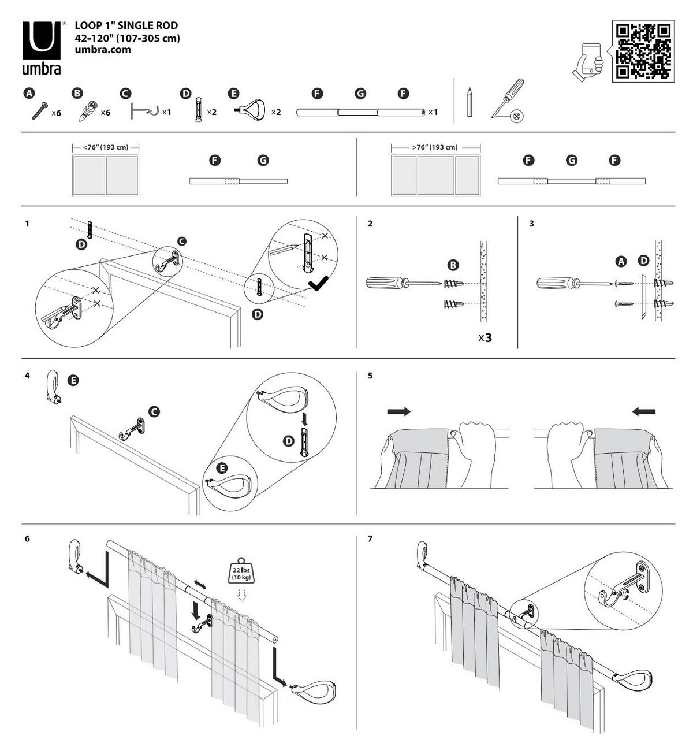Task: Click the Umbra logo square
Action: click(x=41, y=40)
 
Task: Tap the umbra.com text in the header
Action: click(x=103, y=50)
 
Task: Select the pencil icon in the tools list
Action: click(x=470, y=102)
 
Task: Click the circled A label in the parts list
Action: click(x=28, y=94)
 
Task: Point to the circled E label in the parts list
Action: click(x=233, y=94)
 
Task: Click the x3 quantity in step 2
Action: click(x=485, y=337)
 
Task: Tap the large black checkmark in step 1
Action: click(x=318, y=283)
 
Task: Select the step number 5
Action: click(x=370, y=376)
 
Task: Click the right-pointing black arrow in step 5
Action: click(x=398, y=411)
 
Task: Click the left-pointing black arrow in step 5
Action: click(x=644, y=411)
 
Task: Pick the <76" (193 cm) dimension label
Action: click(x=106, y=147)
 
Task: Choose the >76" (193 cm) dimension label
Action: click(x=435, y=147)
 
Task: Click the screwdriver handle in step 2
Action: click(x=385, y=283)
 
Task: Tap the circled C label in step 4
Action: click(x=154, y=411)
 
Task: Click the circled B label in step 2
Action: click(x=454, y=265)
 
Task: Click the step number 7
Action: click(x=370, y=538)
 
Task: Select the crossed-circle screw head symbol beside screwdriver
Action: click(x=517, y=116)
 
